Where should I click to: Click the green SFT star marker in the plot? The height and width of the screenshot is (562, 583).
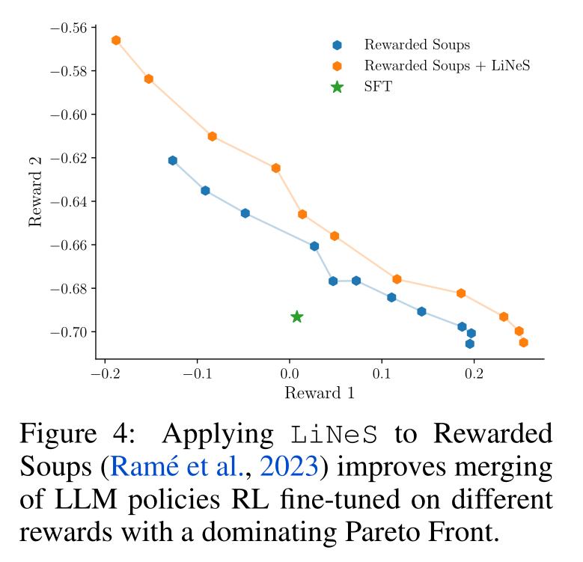[x=297, y=317]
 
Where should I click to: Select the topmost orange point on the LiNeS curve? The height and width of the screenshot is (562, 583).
[x=116, y=40]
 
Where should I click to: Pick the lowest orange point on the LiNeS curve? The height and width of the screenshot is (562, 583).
[x=523, y=343]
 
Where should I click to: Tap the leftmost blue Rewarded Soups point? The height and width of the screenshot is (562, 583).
[x=173, y=160]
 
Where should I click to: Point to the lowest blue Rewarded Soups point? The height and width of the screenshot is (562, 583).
[x=469, y=343]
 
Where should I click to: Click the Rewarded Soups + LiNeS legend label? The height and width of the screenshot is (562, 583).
[x=447, y=66]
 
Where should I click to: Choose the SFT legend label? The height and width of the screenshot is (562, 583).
[x=378, y=87]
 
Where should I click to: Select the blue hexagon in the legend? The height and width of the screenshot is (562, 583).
[x=338, y=46]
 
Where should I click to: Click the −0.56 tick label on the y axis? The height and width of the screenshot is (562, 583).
[x=67, y=28]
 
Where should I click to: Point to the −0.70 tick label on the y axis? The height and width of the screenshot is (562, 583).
[x=67, y=332]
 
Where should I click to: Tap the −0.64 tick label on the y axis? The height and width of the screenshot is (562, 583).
[x=67, y=201]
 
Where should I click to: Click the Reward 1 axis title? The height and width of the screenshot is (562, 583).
[x=320, y=393]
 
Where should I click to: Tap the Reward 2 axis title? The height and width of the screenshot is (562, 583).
[x=35, y=192]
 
